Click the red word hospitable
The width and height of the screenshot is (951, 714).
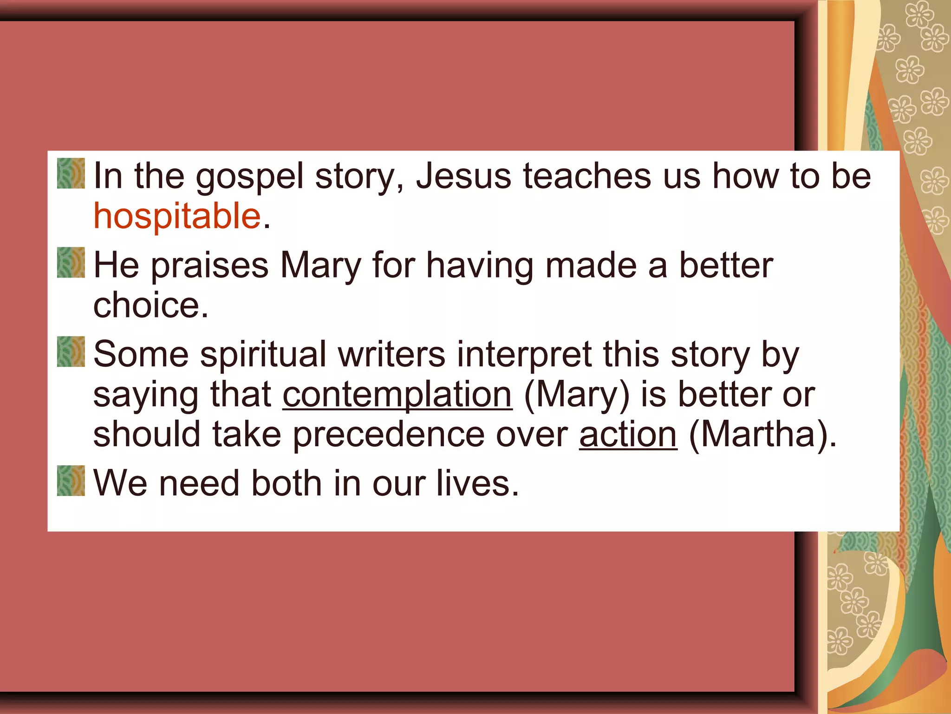(x=177, y=216)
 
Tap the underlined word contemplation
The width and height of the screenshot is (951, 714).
(x=397, y=395)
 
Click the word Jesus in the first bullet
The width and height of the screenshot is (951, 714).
(x=463, y=176)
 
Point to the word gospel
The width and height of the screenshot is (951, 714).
(x=249, y=177)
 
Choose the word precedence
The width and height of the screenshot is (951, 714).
(x=388, y=436)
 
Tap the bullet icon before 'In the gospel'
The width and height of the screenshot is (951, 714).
(x=71, y=173)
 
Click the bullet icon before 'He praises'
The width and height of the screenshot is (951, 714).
(x=71, y=263)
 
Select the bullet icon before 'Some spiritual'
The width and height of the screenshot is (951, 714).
(x=71, y=352)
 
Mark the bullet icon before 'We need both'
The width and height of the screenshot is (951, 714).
(x=71, y=481)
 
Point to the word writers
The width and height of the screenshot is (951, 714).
(x=391, y=354)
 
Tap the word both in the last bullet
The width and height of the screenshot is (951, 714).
(x=286, y=483)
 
